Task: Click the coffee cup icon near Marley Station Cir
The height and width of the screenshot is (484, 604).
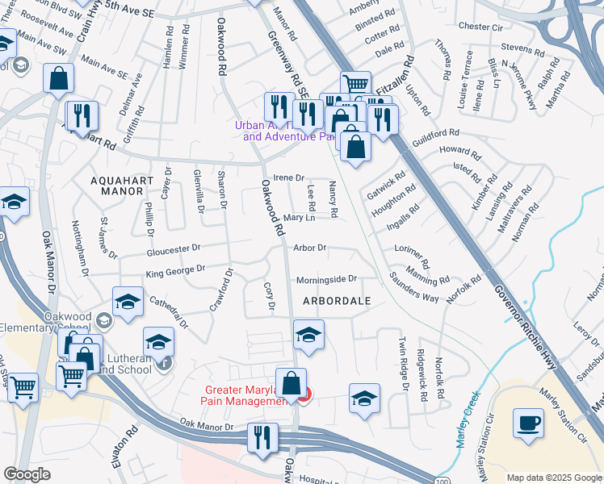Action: point(529,423)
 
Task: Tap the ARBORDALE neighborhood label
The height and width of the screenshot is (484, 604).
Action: point(337,301)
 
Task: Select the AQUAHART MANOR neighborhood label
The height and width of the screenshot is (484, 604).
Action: point(111,185)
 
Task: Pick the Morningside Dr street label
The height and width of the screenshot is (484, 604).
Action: point(326,279)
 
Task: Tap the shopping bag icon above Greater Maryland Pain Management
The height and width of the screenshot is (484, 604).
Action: point(292,384)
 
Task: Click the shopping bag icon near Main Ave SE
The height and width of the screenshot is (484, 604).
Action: point(58,79)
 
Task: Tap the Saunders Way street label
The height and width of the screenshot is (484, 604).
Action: point(414,291)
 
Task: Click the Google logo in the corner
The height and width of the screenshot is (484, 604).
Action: point(27,474)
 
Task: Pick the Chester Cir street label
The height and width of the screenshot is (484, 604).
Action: point(480,27)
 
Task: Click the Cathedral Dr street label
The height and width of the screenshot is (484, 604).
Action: point(168,312)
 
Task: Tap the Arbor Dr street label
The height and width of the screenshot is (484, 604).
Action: point(309,248)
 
